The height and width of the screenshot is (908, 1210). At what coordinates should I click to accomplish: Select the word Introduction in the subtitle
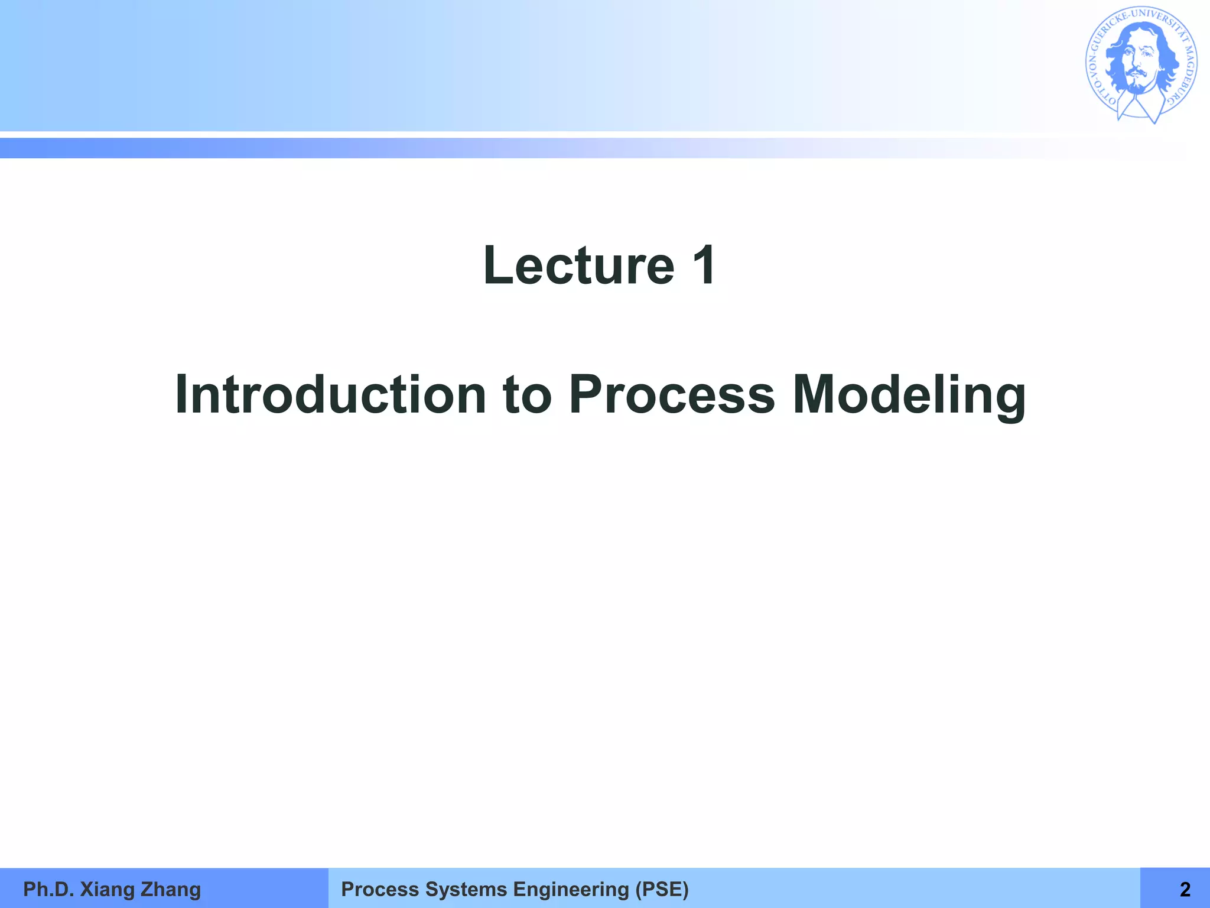coord(330,395)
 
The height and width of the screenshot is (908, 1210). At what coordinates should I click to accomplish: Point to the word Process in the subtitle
coord(671,395)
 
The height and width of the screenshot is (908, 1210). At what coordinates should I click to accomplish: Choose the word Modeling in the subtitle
coord(909,395)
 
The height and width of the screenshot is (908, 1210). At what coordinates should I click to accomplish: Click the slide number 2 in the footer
coord(1185,889)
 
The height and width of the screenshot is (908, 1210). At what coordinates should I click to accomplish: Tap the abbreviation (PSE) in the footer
coord(662,889)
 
